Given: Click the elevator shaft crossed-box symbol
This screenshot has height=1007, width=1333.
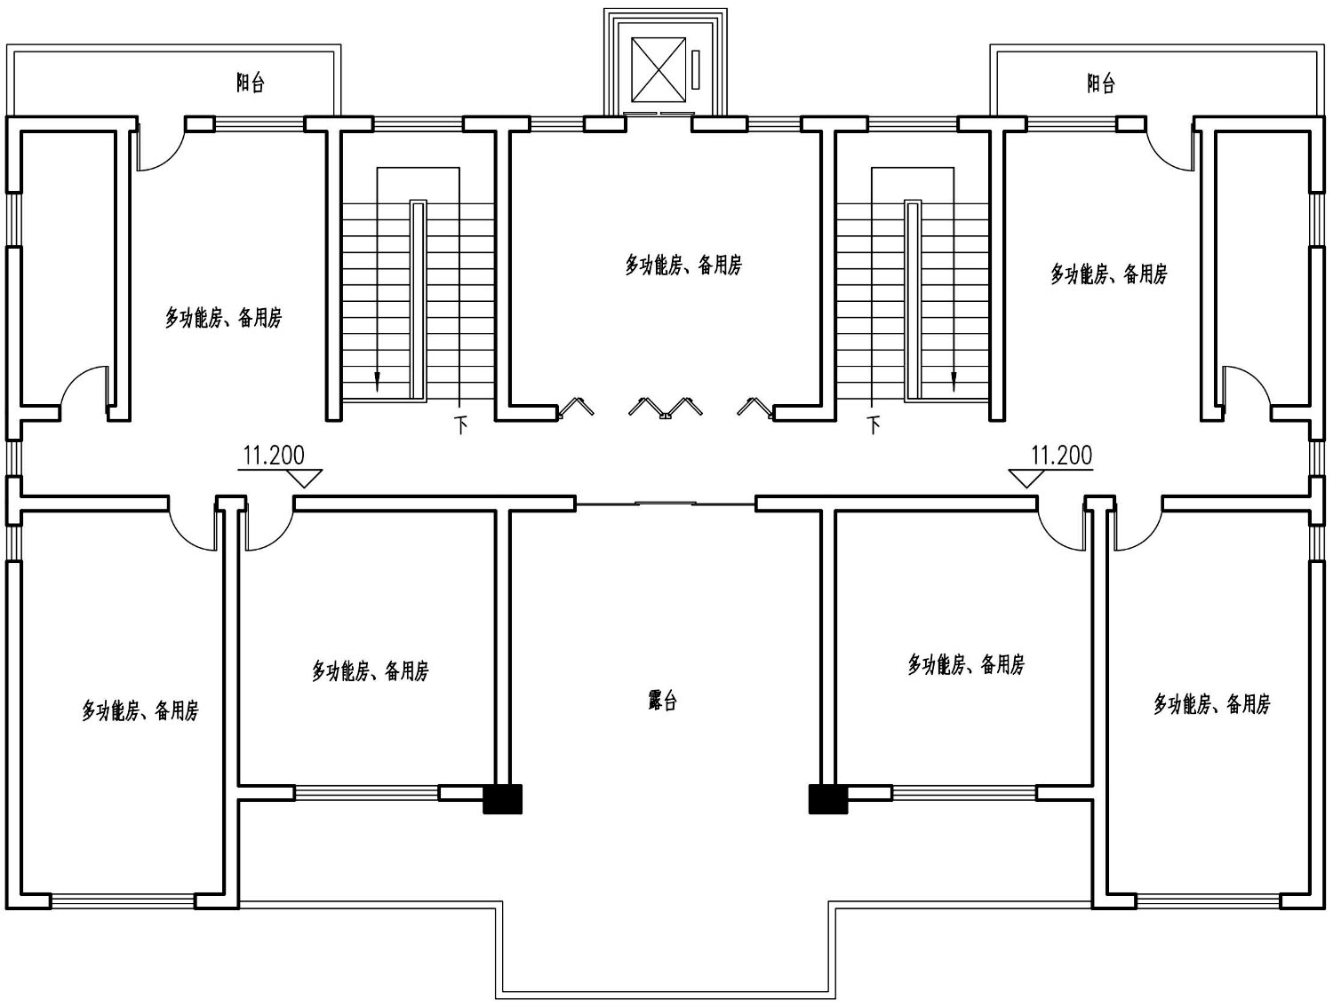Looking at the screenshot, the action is [659, 69].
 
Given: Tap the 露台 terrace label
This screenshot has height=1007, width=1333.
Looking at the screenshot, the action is [662, 702].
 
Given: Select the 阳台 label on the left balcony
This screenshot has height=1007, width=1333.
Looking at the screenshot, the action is [251, 83].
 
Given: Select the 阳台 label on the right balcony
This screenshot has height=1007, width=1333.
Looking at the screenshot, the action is [1101, 83].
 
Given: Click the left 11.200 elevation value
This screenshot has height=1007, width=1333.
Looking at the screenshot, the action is [274, 455].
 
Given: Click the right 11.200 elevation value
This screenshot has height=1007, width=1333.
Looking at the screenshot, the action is [1062, 455].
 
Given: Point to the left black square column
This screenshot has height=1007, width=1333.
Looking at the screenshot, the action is [502, 799].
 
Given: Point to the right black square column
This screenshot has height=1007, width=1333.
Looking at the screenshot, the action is [828, 799].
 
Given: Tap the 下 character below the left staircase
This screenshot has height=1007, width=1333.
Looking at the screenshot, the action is [461, 425].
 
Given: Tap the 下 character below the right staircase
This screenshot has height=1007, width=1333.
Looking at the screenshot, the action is [874, 425].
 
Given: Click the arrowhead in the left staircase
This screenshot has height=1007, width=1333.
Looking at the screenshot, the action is [377, 382].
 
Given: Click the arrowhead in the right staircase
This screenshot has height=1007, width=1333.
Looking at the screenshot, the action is [954, 382].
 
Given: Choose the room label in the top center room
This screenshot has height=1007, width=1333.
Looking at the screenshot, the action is [683, 266].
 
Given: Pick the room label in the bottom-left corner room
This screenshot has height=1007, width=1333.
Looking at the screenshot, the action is [140, 710].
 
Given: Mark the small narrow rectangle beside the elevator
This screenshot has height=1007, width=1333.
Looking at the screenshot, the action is [696, 69].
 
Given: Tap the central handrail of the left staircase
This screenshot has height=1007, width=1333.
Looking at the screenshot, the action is [419, 299].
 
